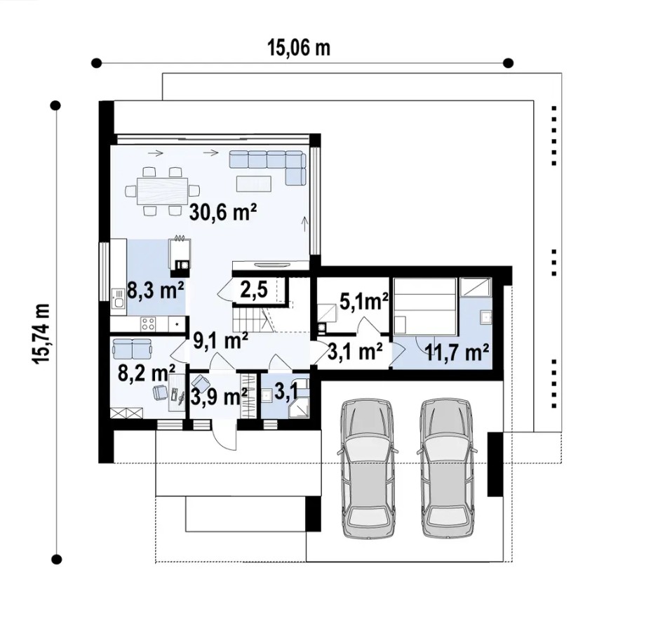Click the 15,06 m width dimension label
(299, 48)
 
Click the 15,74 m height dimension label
(41, 333)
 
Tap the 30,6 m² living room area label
(224, 212)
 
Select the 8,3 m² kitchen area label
(156, 291)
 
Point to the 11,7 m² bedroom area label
(457, 352)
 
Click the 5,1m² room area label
(364, 302)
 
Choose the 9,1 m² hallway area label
(220, 340)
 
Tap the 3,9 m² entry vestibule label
(219, 397)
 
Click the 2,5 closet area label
(254, 290)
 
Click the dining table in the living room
(163, 190)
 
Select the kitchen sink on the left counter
(119, 299)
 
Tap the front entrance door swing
(224, 435)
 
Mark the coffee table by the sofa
(254, 183)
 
